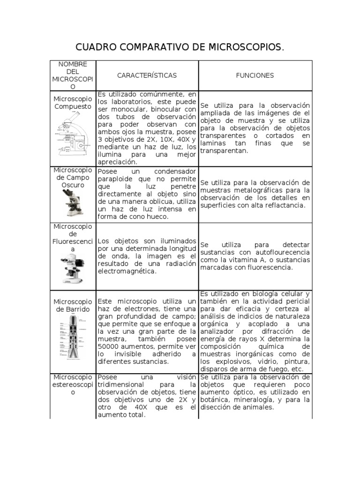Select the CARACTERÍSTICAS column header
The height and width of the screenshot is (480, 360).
tap(147, 75)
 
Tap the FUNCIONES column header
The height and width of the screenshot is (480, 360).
tap(255, 75)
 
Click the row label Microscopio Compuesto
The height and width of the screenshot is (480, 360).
tap(73, 103)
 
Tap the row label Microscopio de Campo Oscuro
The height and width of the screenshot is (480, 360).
tap(73, 178)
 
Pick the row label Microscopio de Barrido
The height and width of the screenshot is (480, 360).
tap(73, 305)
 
